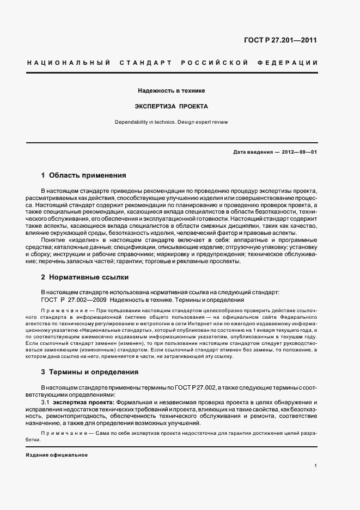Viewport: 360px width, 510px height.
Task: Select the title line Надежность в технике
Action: tap(171, 90)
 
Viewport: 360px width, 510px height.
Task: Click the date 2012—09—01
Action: tap(299, 152)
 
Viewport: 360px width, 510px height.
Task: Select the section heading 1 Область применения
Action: tap(84, 175)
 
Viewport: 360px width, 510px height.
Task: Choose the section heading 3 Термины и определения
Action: tap(90, 372)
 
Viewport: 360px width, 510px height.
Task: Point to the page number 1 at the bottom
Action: tap(315, 466)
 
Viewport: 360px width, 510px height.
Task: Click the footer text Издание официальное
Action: tap(57, 454)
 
